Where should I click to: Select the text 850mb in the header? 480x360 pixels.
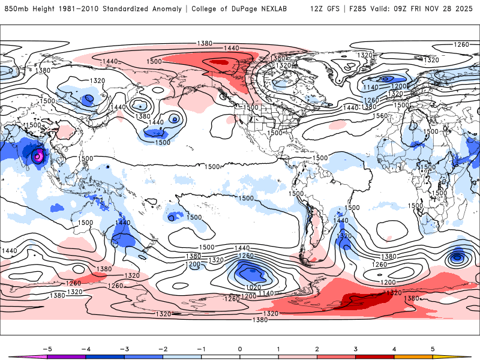coord(14,9)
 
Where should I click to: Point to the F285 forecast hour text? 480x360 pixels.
coord(358,9)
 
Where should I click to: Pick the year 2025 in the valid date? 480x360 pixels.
coord(466,9)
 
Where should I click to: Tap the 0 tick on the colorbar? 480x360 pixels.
coord(239,349)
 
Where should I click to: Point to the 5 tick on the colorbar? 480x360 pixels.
coord(433,349)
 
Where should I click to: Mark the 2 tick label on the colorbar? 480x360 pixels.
coord(317,349)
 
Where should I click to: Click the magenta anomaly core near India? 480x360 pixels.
coord(38,155)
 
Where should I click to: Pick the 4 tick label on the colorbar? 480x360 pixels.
coord(394,349)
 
